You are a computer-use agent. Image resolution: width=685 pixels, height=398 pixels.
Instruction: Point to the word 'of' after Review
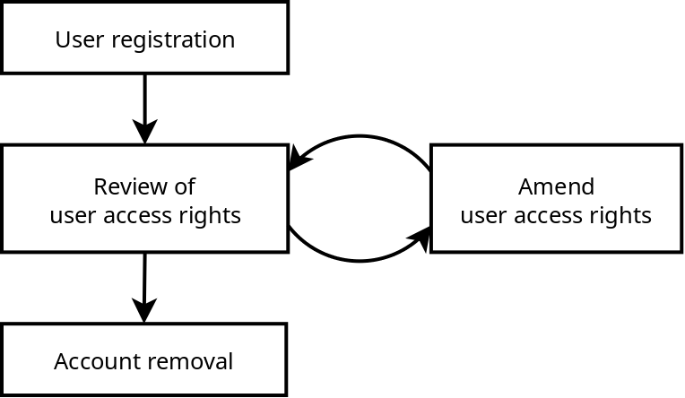[x=185, y=186]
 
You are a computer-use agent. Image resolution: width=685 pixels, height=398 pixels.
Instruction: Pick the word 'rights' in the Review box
[x=212, y=215]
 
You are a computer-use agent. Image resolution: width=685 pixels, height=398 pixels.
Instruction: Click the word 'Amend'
[x=556, y=186]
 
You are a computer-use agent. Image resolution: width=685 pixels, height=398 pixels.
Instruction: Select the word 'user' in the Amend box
[x=483, y=215]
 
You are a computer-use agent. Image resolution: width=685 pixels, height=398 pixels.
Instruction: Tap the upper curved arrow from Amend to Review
[x=360, y=137]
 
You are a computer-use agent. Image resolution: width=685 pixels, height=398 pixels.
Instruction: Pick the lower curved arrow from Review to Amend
[x=359, y=261]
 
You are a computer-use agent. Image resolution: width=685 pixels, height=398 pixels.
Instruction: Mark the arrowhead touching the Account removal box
[x=144, y=312]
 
